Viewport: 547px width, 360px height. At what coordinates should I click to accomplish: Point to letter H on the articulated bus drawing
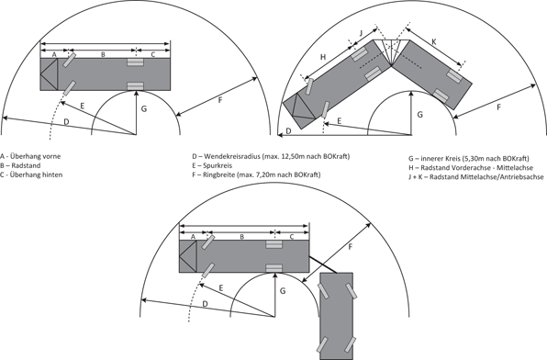tap(323, 57)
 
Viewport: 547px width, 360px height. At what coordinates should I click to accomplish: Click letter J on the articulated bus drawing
tap(361, 32)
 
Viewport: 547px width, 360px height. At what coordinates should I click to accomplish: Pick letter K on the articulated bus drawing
tap(434, 40)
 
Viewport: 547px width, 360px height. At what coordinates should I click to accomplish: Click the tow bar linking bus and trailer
tap(323, 261)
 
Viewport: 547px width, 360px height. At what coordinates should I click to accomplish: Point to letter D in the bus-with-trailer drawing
tap(205, 303)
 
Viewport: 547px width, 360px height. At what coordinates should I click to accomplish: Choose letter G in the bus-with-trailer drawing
tap(284, 290)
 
